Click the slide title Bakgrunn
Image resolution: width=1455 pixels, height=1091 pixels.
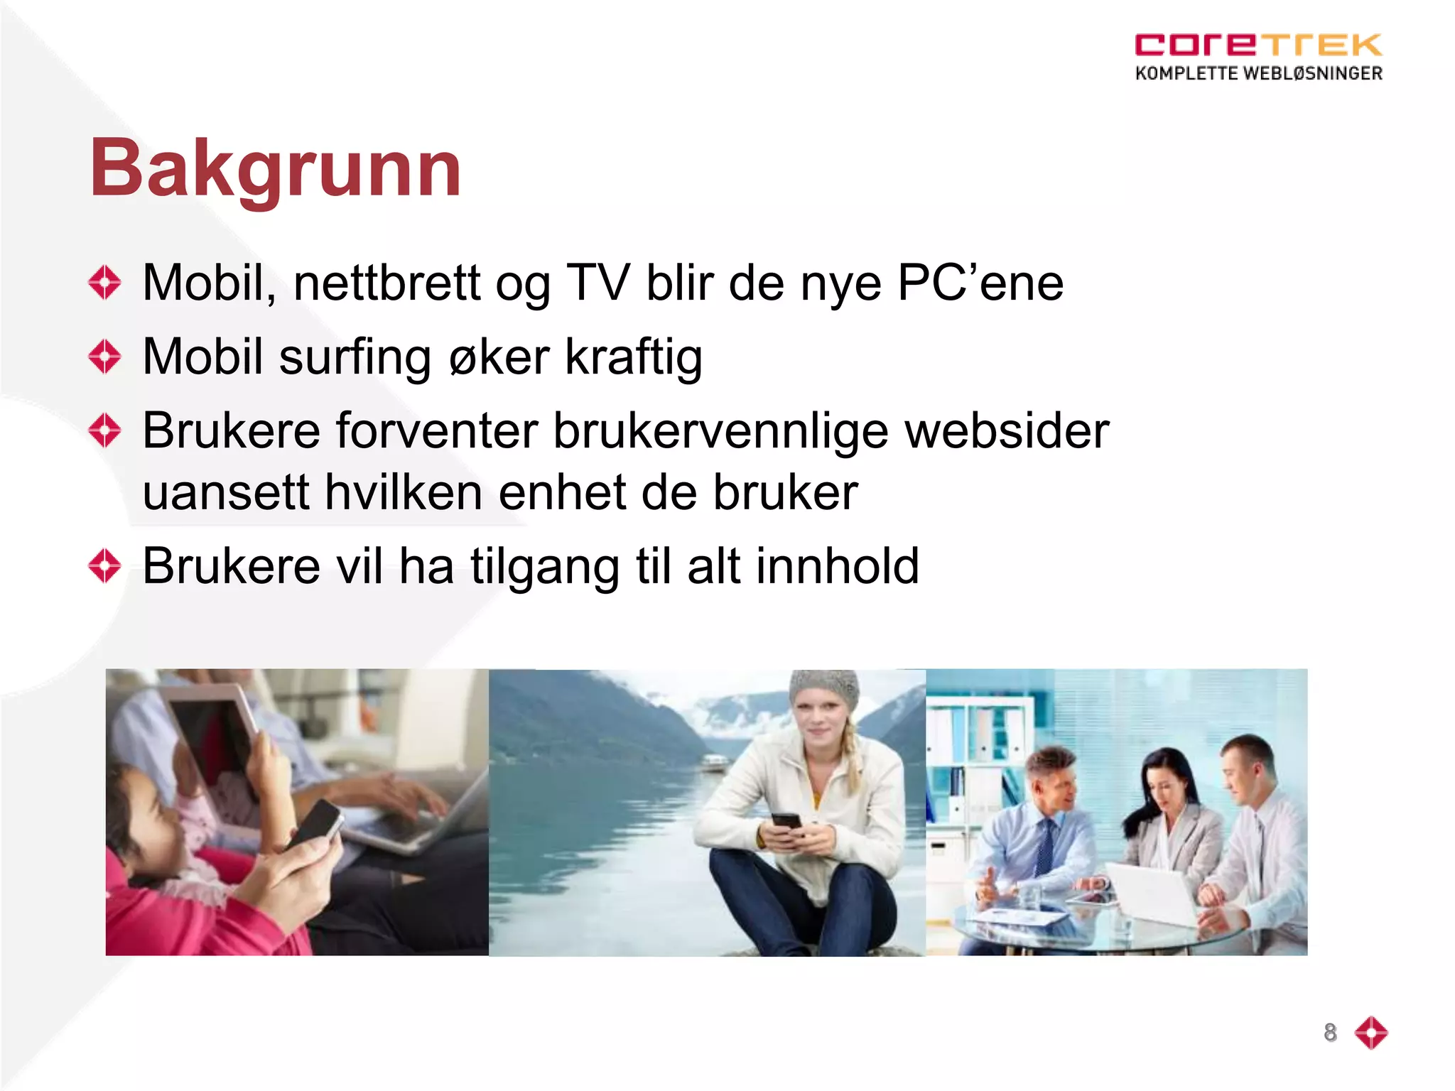[276, 169]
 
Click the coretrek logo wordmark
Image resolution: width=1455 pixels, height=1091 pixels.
[1257, 45]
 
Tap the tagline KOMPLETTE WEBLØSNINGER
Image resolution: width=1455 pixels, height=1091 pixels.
[1258, 73]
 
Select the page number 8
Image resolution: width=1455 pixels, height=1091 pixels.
[1330, 1032]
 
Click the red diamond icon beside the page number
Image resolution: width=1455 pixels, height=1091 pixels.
[1370, 1032]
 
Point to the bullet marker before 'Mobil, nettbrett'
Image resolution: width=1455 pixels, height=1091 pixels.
[105, 283]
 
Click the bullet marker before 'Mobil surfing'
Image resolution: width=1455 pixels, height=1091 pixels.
[105, 356]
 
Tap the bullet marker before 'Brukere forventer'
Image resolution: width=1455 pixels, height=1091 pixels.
[105, 430]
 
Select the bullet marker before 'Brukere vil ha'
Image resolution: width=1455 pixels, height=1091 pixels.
[105, 566]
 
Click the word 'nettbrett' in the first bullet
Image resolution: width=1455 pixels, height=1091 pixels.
[386, 283]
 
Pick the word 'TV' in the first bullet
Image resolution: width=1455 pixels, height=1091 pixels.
[597, 283]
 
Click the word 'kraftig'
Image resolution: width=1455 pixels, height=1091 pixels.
[634, 357]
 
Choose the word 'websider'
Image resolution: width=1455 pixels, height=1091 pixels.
[1007, 430]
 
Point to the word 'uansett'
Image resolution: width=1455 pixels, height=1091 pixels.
[226, 492]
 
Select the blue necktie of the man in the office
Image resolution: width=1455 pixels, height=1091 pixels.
[1044, 845]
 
